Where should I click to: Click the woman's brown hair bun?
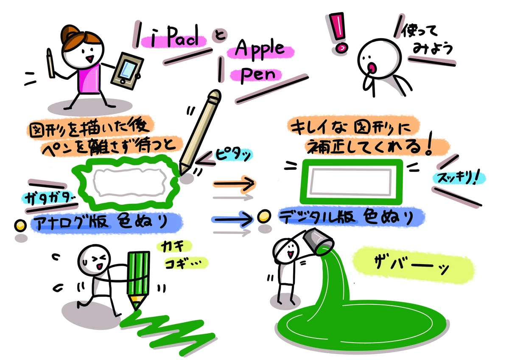[x=70, y=34]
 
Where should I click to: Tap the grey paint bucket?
[x=318, y=241]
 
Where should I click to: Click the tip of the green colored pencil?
[x=136, y=309]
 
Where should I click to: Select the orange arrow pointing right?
[x=234, y=183]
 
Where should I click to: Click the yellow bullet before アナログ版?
[x=20, y=225]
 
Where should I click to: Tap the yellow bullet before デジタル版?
[x=264, y=216]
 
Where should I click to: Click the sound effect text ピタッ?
[x=233, y=155]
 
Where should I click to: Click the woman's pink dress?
[x=89, y=79]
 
